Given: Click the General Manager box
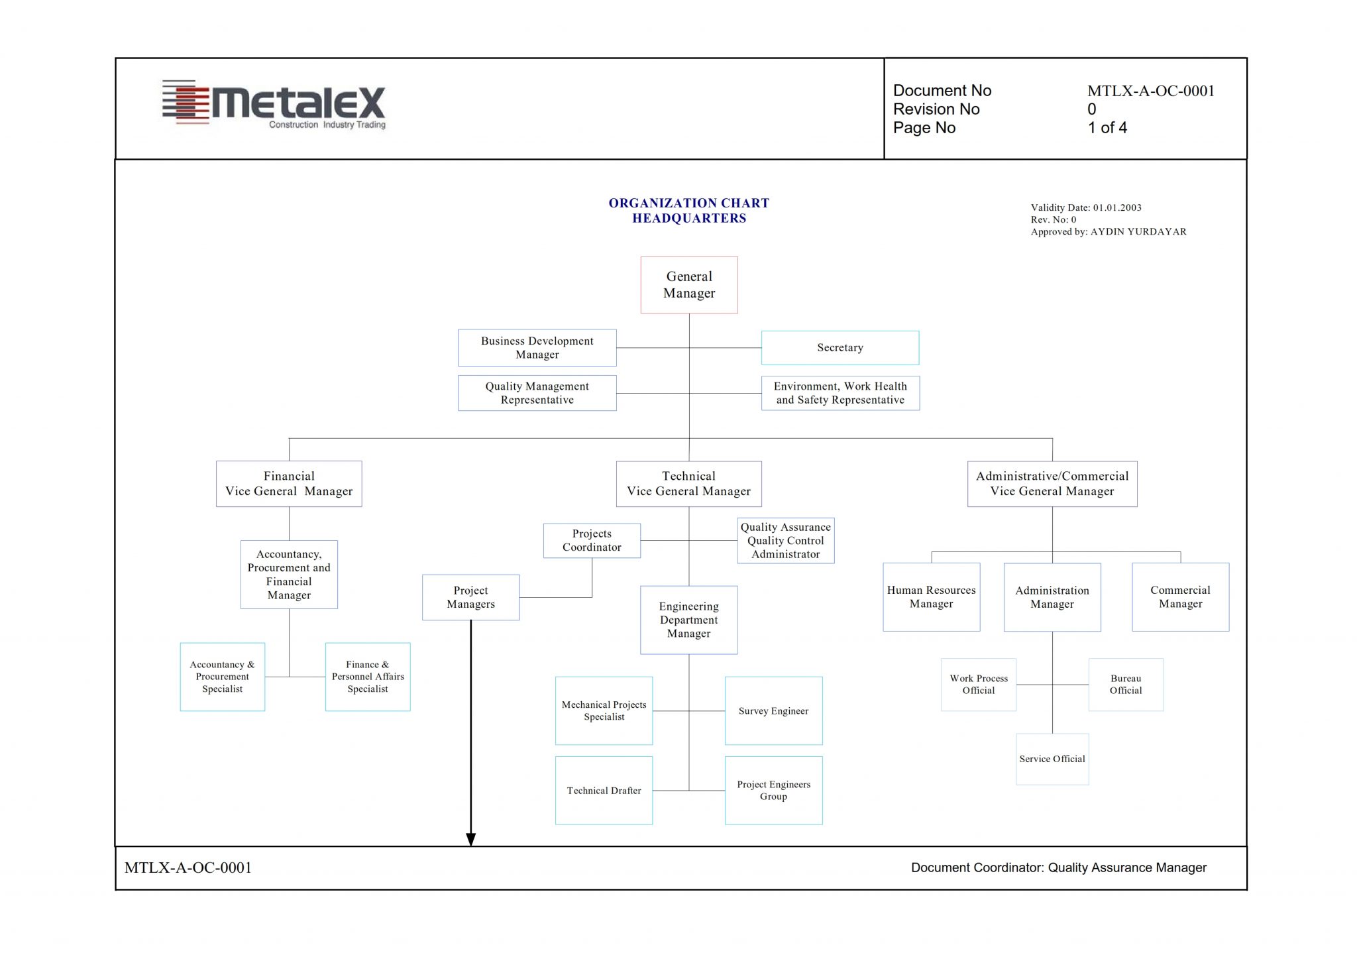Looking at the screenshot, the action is coord(689,285).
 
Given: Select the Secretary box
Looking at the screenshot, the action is coord(840,348).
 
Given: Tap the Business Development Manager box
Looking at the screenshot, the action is coord(537,348).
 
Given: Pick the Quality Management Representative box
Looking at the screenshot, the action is coord(537,393).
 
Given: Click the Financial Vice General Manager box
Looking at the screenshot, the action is coord(289,484).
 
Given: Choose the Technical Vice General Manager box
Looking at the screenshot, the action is coord(689,484).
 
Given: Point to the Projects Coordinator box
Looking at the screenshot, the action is coord(592,541).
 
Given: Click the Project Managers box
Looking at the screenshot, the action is coord(471,597).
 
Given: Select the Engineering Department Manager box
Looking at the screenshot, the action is coord(689,620).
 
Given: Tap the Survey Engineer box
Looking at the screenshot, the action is coord(774,711).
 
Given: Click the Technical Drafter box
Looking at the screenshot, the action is coord(604,791).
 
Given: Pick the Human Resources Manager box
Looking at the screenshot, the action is coord(932,597).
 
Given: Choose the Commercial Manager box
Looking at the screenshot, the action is coord(1181,597).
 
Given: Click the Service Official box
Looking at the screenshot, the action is coord(1052,759).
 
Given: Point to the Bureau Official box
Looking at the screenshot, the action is coord(1126,685).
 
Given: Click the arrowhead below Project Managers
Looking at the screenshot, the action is coord(471,840).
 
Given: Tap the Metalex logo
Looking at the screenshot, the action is coord(274,103).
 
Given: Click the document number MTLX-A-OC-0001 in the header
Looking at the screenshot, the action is coord(1151,91).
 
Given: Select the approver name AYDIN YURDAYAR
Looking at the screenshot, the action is coord(1138,232).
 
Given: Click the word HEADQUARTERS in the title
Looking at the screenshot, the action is coord(689,219).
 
